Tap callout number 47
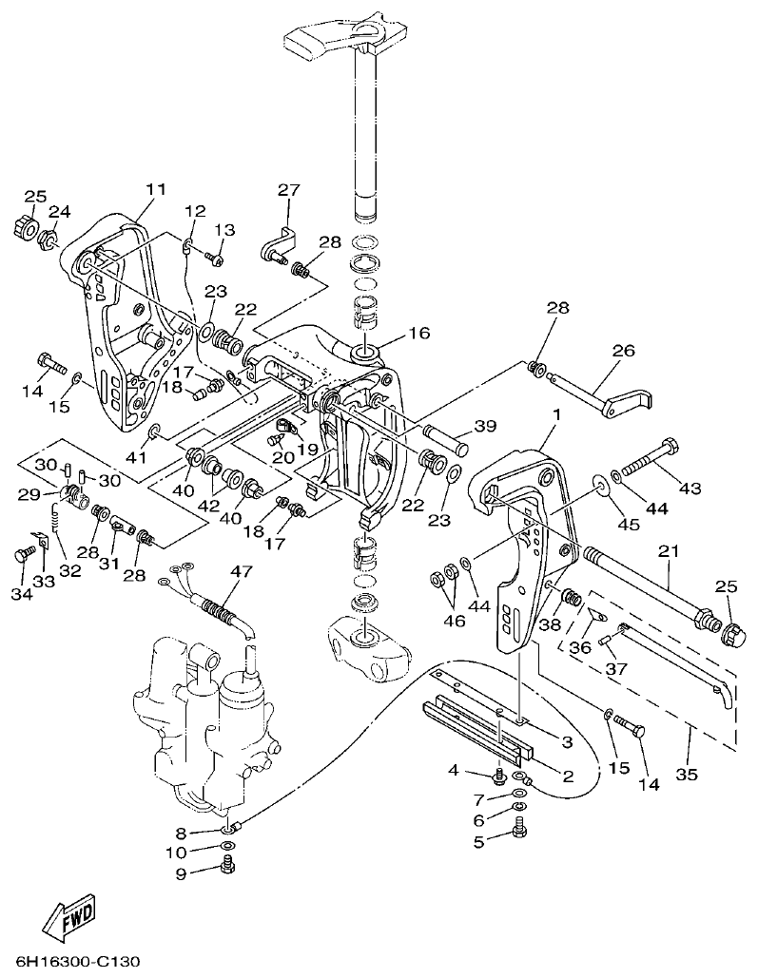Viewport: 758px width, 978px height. tap(242, 571)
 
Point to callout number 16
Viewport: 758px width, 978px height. tap(418, 333)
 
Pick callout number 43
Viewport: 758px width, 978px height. tap(689, 489)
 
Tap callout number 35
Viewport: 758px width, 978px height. tap(687, 774)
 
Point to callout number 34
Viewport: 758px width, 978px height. tap(21, 594)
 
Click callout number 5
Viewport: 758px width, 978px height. tap(479, 841)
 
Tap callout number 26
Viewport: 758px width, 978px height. tap(622, 351)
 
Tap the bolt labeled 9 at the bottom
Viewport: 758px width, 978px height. tap(227, 864)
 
